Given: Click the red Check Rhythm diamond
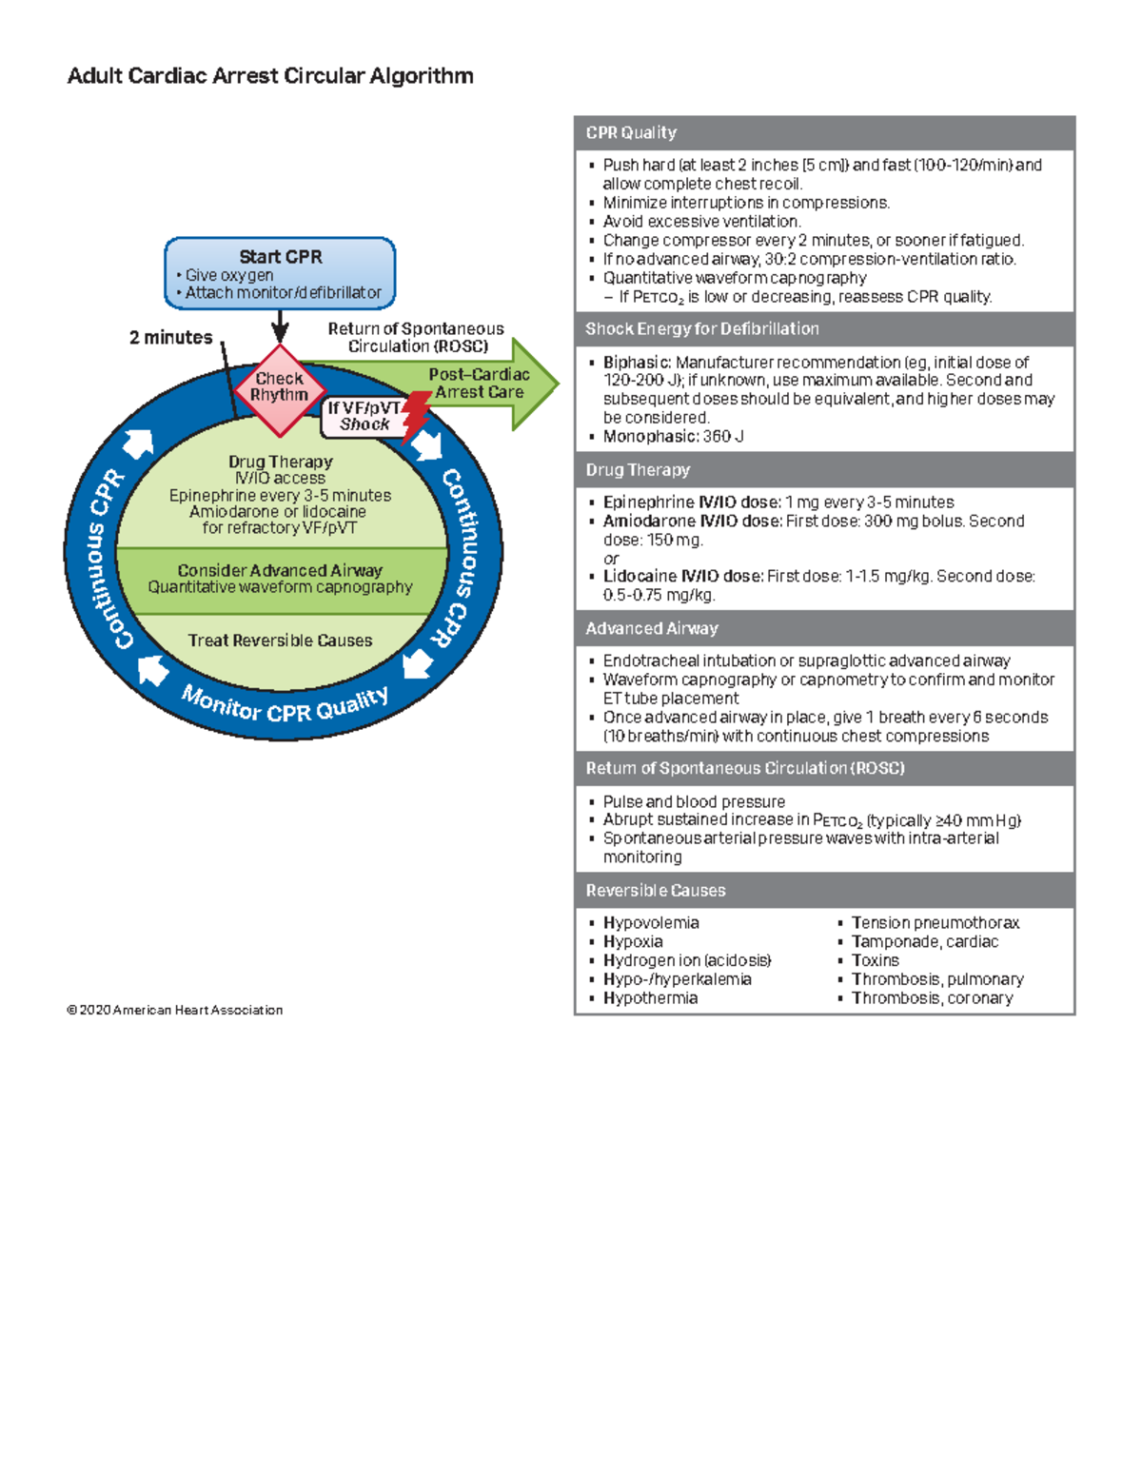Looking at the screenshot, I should pos(279,387).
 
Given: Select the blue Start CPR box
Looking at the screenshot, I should pos(280,273).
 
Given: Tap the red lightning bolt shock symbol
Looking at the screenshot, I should pos(416,416).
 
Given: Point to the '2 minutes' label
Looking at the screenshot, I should pos(171,337).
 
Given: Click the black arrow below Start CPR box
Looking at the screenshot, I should pos(280,326).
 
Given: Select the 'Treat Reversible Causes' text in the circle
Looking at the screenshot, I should pos(280,640).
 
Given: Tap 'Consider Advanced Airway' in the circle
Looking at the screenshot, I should pos(280,570).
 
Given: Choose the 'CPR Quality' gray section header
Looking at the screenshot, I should pos(631,133).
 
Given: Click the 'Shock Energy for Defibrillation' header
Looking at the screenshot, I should pos(702,329).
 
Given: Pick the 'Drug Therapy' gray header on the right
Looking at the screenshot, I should pos(638,470).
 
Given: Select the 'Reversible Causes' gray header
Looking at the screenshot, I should pos(656,891).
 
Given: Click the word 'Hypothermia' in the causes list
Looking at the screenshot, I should pos(651,998).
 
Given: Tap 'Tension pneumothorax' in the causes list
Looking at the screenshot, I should pos(935,923).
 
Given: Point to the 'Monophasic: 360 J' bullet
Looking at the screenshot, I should pos(674,437).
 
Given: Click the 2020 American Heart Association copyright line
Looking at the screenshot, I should pos(175,1010).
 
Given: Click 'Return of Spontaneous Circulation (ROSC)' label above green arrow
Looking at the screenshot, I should pos(417,337).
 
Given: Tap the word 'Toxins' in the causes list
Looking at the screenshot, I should pos(876,960).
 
